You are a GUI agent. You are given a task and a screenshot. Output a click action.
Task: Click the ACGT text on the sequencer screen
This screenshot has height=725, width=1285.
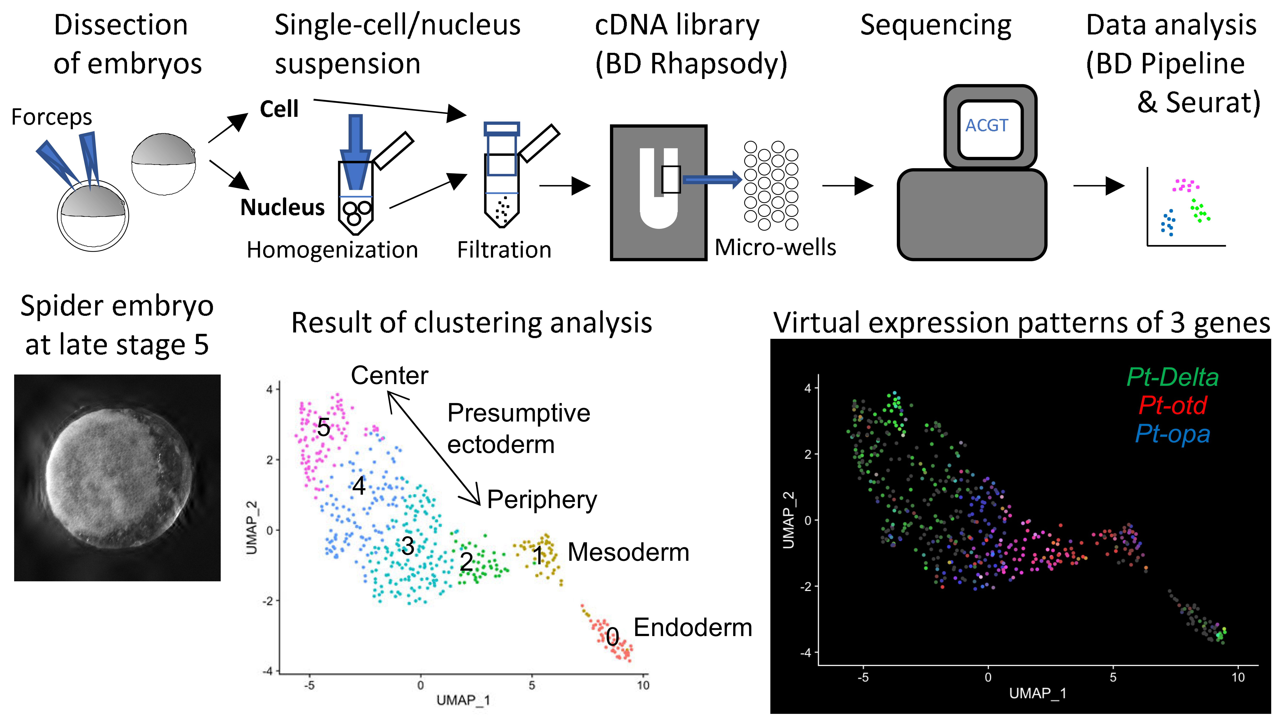987,125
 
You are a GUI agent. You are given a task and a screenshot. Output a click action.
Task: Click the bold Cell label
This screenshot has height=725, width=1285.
279,109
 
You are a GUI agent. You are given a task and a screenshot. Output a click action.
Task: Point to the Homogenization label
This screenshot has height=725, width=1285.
332,250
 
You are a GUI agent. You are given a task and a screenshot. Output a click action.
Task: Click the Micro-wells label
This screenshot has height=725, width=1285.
775,247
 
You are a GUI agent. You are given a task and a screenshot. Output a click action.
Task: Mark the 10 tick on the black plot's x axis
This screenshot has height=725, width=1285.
1238,677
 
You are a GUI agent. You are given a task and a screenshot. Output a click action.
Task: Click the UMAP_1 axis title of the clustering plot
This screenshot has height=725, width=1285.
463,701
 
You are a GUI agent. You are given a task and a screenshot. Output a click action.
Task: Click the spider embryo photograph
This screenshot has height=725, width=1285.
117,478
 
